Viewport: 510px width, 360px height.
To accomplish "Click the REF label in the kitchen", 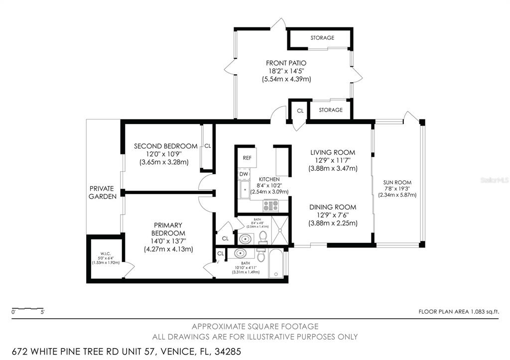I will (247, 157).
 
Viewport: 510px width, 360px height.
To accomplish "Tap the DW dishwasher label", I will (244, 174).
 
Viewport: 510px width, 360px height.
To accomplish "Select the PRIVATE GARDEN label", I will (102, 192).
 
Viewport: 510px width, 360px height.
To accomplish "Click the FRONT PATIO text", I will (286, 63).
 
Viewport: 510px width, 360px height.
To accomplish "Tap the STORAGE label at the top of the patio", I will (322, 38).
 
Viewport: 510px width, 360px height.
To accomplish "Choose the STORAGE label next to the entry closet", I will (330, 110).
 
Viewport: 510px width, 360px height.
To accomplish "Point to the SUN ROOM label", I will (397, 182).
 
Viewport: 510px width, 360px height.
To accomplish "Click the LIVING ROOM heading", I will (332, 152).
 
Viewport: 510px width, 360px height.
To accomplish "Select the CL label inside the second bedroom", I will (207, 146).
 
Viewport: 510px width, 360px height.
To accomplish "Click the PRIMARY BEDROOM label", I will (168, 229).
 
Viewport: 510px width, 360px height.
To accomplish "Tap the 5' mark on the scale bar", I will (43, 312).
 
